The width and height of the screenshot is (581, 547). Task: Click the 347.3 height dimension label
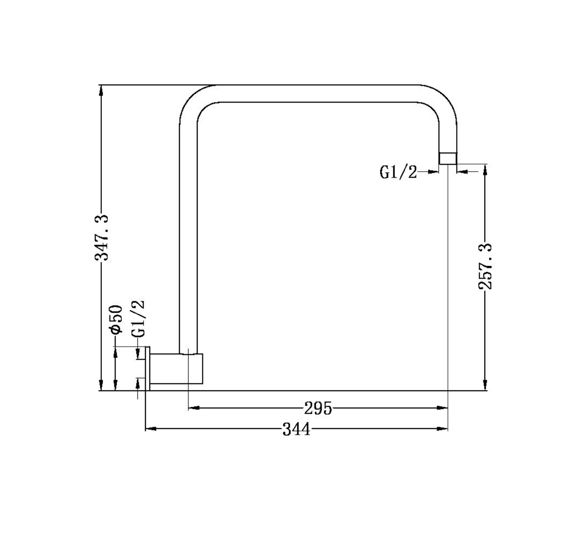click(x=101, y=238)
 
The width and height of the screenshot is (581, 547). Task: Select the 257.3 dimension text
click(x=485, y=267)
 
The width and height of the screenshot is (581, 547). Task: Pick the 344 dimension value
click(x=296, y=430)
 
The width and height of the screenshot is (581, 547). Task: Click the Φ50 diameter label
click(x=115, y=319)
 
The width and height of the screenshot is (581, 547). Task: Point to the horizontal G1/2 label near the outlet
click(x=398, y=172)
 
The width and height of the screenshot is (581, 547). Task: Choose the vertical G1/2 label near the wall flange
click(x=138, y=319)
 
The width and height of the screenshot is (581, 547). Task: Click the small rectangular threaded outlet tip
click(x=448, y=158)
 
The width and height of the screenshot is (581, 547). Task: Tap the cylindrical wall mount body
click(x=177, y=369)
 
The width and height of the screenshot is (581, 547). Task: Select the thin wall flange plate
click(x=148, y=369)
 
